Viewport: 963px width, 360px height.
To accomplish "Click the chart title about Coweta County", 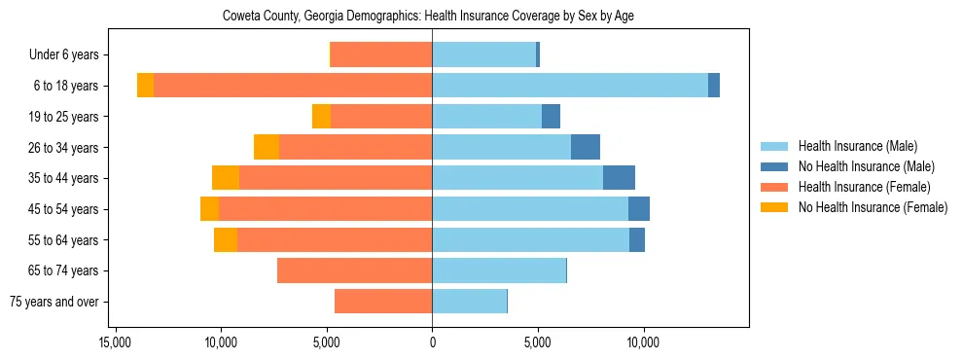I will [x=428, y=17].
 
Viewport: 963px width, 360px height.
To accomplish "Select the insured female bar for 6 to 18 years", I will [x=292, y=86].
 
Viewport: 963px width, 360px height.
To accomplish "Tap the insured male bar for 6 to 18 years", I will [x=570, y=86].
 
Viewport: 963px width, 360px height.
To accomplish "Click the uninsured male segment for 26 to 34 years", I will [x=586, y=147].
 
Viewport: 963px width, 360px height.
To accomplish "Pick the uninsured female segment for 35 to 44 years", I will [x=226, y=178].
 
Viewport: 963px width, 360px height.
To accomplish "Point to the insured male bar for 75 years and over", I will [x=469, y=302].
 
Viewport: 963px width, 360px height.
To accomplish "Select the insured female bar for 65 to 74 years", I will [x=354, y=270].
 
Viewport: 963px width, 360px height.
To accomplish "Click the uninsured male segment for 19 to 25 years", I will [x=551, y=116].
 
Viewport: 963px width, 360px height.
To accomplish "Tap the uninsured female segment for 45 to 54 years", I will [x=209, y=209].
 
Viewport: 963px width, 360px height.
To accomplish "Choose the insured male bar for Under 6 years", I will [x=483, y=54].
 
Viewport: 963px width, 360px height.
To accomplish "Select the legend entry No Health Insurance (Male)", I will [x=866, y=166].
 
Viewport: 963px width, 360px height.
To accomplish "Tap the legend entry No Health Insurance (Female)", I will [x=873, y=207].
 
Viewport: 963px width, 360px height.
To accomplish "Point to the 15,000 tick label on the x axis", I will [x=116, y=343].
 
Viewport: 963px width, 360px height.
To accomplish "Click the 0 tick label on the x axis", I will [x=432, y=343].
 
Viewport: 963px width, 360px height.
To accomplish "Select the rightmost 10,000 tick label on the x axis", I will [x=644, y=343].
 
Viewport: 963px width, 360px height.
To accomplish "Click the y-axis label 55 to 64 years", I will [x=63, y=240].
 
